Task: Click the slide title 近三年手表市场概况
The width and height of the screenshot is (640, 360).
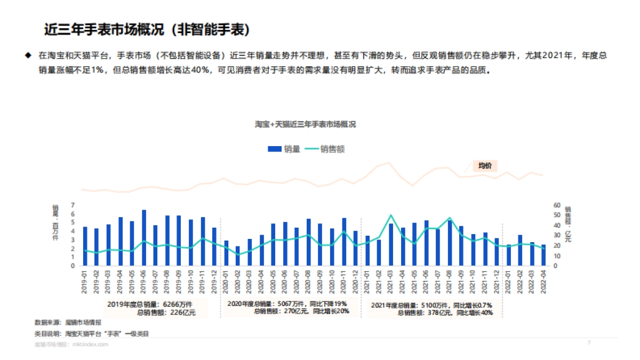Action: coord(147,30)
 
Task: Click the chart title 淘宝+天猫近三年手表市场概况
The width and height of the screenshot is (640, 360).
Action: coord(305,124)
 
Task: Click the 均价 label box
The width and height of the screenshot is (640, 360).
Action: coord(485,165)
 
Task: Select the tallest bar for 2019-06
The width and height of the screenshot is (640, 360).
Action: coord(144,238)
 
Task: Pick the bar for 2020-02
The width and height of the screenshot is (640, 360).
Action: coord(237,256)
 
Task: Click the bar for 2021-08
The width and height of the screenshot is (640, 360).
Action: coord(450,243)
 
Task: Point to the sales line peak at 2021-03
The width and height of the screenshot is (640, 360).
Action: coord(391,215)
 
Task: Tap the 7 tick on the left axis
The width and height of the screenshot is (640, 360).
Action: coord(73,205)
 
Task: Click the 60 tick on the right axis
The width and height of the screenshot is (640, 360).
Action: coord(557,205)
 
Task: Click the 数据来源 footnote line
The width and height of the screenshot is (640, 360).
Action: coord(68,322)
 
